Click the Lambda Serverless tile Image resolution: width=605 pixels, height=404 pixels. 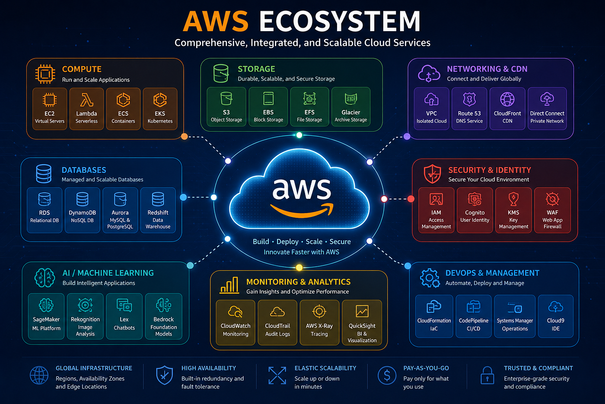pos(86,109)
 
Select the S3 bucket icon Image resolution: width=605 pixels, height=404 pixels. pos(226,98)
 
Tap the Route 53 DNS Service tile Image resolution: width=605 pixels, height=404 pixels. pos(469,109)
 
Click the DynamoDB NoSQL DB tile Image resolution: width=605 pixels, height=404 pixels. pos(83,210)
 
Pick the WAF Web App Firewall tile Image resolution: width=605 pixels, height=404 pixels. pos(552,210)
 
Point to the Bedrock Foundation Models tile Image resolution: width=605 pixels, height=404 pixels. pos(164,317)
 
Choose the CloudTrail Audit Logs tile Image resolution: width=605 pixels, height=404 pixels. pos(277,322)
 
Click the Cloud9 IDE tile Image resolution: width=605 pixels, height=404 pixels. pos(556,317)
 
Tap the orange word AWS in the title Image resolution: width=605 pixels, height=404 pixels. pos(216,21)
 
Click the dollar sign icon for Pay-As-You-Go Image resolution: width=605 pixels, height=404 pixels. pos(387,375)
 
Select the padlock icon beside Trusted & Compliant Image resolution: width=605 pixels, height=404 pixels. pos(487,375)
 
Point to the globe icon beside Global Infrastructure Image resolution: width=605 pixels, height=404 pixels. pos(39,375)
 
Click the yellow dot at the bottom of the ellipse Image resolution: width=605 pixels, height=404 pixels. pos(299,268)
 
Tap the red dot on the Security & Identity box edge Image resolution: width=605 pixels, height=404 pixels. pos(411,199)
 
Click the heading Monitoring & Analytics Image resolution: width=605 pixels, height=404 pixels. pos(298,282)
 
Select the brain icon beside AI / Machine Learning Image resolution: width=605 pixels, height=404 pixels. pos(45,278)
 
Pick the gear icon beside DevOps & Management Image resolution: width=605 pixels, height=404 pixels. pos(430,278)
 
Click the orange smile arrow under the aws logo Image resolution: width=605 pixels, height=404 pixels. pos(302,210)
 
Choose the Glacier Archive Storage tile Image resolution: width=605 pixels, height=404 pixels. pos(350,107)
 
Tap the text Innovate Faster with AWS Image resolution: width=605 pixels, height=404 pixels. pos(302,252)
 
